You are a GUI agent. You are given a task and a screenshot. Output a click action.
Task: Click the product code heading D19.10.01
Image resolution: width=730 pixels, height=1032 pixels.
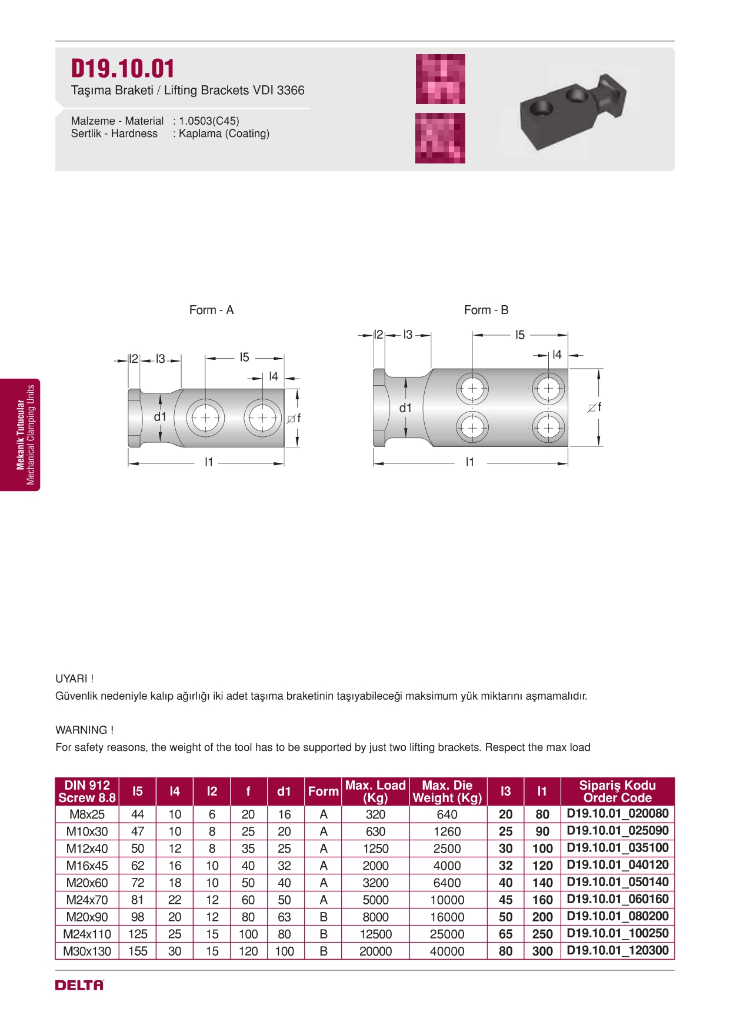tap(122, 69)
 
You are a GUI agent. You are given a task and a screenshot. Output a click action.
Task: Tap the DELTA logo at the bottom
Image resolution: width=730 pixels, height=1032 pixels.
tap(79, 985)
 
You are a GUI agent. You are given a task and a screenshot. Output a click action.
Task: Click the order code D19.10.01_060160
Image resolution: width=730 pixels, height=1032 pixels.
tap(617, 899)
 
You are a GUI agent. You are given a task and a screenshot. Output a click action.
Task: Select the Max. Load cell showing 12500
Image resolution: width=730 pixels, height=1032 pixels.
tap(375, 934)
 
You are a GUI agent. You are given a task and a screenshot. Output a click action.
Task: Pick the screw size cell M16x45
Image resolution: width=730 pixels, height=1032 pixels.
tap(86, 866)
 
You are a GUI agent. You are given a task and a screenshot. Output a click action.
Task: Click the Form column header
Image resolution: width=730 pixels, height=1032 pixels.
tap(323, 791)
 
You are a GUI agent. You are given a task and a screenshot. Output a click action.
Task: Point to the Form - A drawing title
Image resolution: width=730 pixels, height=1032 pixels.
tap(211, 310)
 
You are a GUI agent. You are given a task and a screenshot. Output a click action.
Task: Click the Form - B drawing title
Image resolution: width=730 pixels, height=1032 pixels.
tap(486, 310)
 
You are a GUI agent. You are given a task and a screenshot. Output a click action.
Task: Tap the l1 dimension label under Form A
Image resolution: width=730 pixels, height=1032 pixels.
tap(209, 462)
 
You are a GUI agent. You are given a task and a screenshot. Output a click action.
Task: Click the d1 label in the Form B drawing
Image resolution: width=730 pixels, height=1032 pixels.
tap(405, 408)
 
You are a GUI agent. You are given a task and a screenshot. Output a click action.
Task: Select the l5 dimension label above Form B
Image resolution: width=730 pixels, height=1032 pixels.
tap(519, 335)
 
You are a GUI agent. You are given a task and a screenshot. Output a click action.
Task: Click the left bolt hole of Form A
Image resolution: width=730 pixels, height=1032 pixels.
tap(205, 418)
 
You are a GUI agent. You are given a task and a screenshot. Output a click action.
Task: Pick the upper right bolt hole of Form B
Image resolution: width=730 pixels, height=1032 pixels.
tap(548, 389)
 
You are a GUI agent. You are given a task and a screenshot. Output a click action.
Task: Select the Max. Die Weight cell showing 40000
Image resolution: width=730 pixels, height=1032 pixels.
tap(447, 951)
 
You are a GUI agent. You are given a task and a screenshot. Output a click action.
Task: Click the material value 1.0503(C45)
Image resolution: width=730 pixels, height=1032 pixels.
tap(209, 121)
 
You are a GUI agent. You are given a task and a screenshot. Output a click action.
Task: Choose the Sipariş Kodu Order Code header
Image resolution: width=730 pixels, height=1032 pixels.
tap(617, 791)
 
